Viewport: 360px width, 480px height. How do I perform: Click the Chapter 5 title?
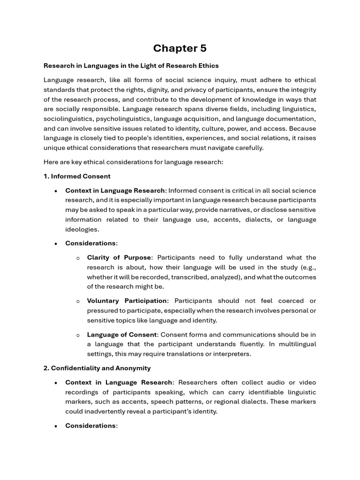coord(180,48)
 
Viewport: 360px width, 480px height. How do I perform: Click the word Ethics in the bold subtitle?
coord(208,66)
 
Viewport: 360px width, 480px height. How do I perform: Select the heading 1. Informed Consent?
coord(77,176)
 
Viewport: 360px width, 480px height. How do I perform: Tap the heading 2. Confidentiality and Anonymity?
coord(97,368)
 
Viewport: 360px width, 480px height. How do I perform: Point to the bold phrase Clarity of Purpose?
coord(119,257)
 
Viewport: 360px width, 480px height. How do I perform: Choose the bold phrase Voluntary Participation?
coord(127,300)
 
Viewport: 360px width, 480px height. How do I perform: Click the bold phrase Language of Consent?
coord(121,334)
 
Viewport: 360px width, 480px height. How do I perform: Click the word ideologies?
coord(82,229)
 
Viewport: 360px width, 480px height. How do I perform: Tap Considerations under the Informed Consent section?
coord(90,243)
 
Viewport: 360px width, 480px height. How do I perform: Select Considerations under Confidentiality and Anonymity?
coord(90,426)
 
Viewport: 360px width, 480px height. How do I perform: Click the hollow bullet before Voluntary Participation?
coord(78,301)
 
